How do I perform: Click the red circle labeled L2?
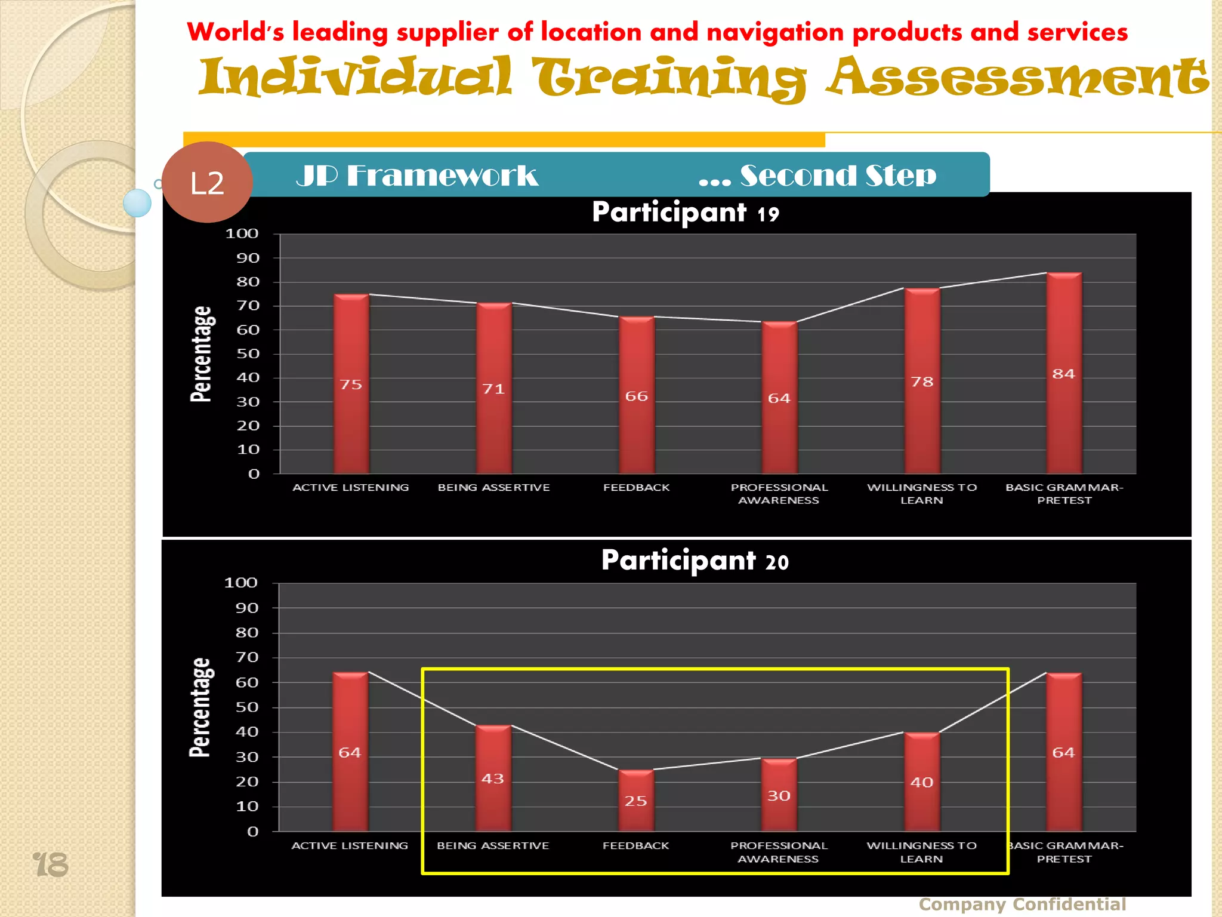(206, 182)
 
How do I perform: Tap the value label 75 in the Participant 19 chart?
(351, 384)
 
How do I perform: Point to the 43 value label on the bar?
(493, 778)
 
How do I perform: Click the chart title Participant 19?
(685, 213)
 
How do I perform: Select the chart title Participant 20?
(695, 561)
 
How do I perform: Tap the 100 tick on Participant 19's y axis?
(242, 233)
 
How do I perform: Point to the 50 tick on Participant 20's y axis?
(246, 707)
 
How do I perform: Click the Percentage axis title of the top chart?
(202, 353)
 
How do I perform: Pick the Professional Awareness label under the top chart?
(779, 494)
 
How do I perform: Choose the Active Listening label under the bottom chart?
(350, 845)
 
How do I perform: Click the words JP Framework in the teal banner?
(417, 176)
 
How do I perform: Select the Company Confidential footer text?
(1022, 904)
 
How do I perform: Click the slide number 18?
(51, 865)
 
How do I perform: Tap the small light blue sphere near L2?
(137, 203)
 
